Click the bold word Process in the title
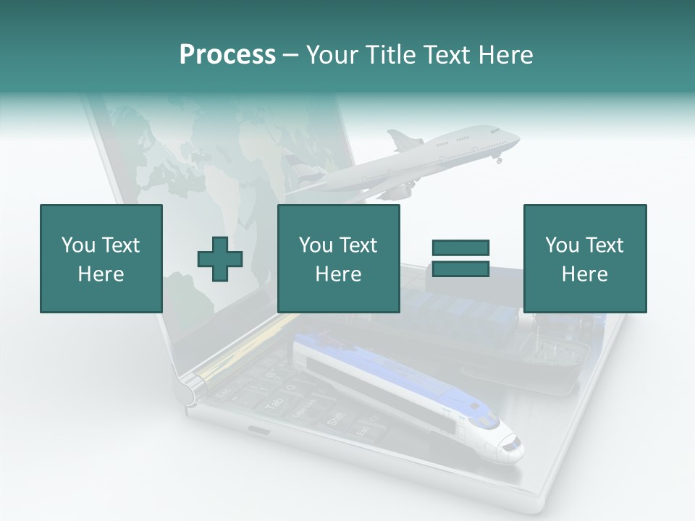point(227,54)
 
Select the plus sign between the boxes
point(220,258)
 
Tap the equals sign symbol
point(460,258)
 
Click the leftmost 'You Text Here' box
point(101,258)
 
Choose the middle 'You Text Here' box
point(338,258)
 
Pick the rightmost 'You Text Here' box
point(584,258)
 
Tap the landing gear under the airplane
point(499,158)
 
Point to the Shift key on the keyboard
point(336,419)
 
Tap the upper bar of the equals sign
point(460,247)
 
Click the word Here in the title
point(507,54)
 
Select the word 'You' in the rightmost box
point(562,245)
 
